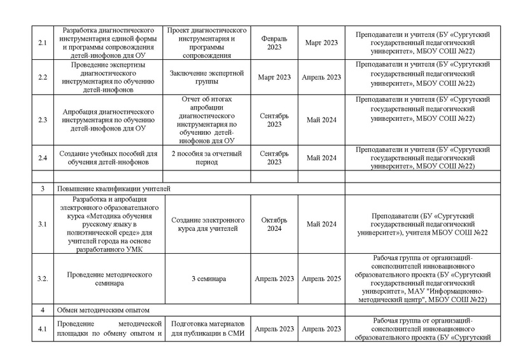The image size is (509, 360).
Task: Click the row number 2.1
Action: tap(43, 43)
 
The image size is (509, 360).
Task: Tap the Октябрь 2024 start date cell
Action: tap(275, 223)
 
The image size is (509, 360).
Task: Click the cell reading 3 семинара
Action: tap(207, 279)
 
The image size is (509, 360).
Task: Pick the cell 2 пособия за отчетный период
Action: tap(207, 157)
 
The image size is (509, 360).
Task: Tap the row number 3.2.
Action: tap(43, 279)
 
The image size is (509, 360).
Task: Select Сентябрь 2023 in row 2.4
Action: tap(275, 157)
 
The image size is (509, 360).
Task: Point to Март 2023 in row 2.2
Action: tap(275, 77)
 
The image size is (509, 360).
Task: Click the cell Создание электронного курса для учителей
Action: tap(207, 223)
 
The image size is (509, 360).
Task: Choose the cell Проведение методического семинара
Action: tap(109, 279)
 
